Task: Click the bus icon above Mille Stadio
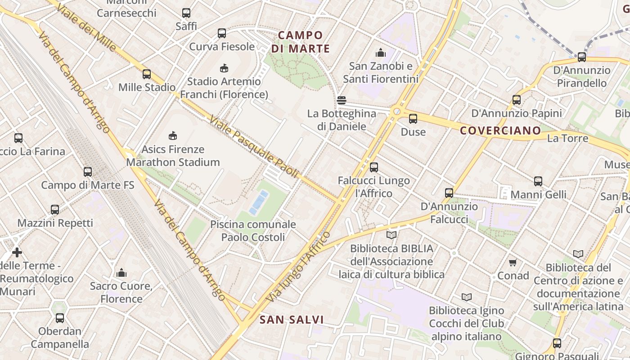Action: click(x=147, y=74)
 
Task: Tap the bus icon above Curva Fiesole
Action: click(x=222, y=33)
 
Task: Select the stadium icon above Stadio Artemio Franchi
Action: click(x=224, y=68)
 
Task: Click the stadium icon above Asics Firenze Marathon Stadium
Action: click(x=172, y=135)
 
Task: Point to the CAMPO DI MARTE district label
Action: click(x=301, y=42)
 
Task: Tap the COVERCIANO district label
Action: click(x=500, y=131)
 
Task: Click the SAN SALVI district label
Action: click(x=292, y=320)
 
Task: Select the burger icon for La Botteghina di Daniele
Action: click(x=342, y=100)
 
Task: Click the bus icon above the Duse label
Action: click(x=413, y=119)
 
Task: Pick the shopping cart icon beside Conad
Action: click(x=513, y=262)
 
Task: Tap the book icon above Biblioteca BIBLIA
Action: click(x=391, y=235)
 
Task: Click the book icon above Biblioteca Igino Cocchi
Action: click(x=466, y=297)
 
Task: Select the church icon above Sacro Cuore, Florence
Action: click(x=121, y=272)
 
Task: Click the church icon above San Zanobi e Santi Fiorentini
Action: click(x=381, y=53)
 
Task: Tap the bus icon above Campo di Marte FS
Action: click(x=88, y=171)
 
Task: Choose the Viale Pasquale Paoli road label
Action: click(x=254, y=147)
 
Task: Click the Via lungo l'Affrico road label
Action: click(x=298, y=267)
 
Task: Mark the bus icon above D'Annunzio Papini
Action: click(x=517, y=100)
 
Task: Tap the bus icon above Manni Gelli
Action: click(x=538, y=181)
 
